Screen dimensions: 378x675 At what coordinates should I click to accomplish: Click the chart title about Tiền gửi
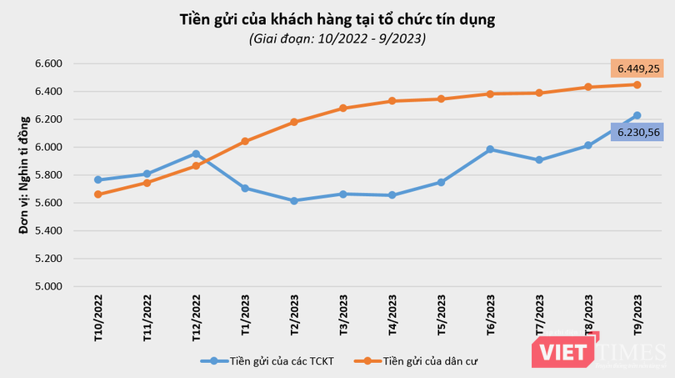click(x=337, y=19)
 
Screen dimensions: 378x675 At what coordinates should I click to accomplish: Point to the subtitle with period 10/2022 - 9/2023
click(x=337, y=38)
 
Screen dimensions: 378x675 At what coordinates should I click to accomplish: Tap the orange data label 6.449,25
click(x=637, y=68)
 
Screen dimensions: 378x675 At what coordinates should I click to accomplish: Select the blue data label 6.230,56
click(x=637, y=131)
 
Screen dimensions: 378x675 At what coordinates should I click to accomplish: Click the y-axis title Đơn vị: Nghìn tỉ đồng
click(x=24, y=174)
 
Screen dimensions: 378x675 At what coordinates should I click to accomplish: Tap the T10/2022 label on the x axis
click(x=98, y=316)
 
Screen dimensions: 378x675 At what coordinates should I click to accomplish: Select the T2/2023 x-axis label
click(x=295, y=315)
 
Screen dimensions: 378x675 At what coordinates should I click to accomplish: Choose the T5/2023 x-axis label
click(x=442, y=315)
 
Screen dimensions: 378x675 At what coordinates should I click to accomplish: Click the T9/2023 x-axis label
click(x=638, y=315)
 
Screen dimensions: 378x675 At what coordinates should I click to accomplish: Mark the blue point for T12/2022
click(x=196, y=154)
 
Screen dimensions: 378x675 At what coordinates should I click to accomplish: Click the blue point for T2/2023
click(x=294, y=201)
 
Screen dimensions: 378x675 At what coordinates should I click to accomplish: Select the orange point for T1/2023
click(x=245, y=141)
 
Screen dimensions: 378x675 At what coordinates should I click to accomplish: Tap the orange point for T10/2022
click(x=97, y=194)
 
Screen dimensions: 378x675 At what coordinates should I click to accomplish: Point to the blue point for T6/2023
click(x=490, y=149)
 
